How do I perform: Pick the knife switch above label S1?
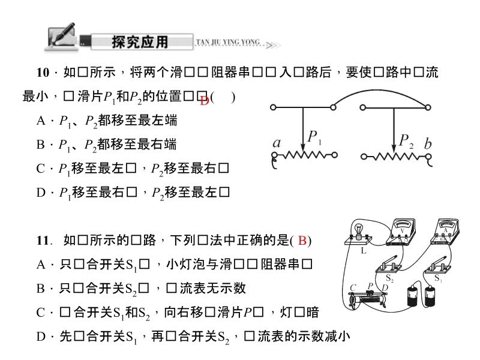coord(443,265)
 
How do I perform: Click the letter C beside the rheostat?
coord(353,287)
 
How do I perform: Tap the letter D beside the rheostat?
coord(385,288)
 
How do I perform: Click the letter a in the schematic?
coord(277,143)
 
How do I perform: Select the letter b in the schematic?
coord(427,143)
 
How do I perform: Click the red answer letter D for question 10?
coord(204,101)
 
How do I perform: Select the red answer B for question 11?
coord(302,241)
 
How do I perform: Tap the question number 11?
coord(42,241)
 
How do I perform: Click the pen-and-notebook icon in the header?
coord(60,37)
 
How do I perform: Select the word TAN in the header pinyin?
coord(202,42)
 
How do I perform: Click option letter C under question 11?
coord(41,312)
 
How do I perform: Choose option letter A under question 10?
coord(41,121)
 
